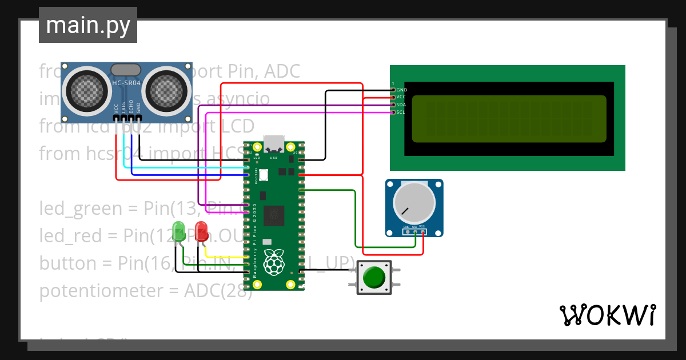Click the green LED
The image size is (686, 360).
point(178,230)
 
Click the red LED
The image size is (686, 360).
point(201,231)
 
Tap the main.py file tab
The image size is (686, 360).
point(88,25)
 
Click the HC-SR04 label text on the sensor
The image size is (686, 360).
point(126,84)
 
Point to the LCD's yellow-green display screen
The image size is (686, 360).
point(509,118)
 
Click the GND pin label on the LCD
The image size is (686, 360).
point(401,90)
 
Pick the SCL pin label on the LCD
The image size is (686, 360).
point(401,112)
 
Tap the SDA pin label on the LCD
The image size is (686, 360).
point(401,105)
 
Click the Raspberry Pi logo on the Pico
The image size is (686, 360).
point(275,263)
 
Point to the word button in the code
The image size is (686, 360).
point(67,263)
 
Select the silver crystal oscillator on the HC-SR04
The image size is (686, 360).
point(126,70)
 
